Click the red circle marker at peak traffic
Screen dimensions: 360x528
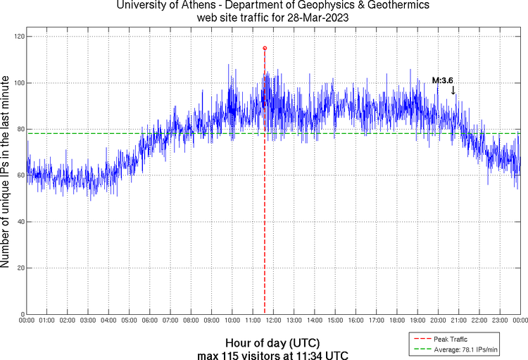pyautogui.click(x=265, y=48)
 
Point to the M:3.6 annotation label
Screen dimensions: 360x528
pyautogui.click(x=442, y=80)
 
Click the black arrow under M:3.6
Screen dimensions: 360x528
pyautogui.click(x=453, y=90)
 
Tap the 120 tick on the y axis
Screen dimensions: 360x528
pyautogui.click(x=19, y=37)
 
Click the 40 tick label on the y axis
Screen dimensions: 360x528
pyautogui.click(x=20, y=222)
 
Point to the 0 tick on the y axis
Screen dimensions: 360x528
pyautogui.click(x=23, y=314)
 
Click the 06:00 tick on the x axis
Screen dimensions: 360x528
pyautogui.click(x=150, y=321)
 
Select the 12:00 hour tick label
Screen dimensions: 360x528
pyautogui.click(x=273, y=321)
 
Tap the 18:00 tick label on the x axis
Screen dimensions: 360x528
pyautogui.click(x=397, y=321)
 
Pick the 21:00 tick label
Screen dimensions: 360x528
pyautogui.click(x=459, y=321)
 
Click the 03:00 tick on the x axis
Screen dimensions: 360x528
pyautogui.click(x=88, y=321)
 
